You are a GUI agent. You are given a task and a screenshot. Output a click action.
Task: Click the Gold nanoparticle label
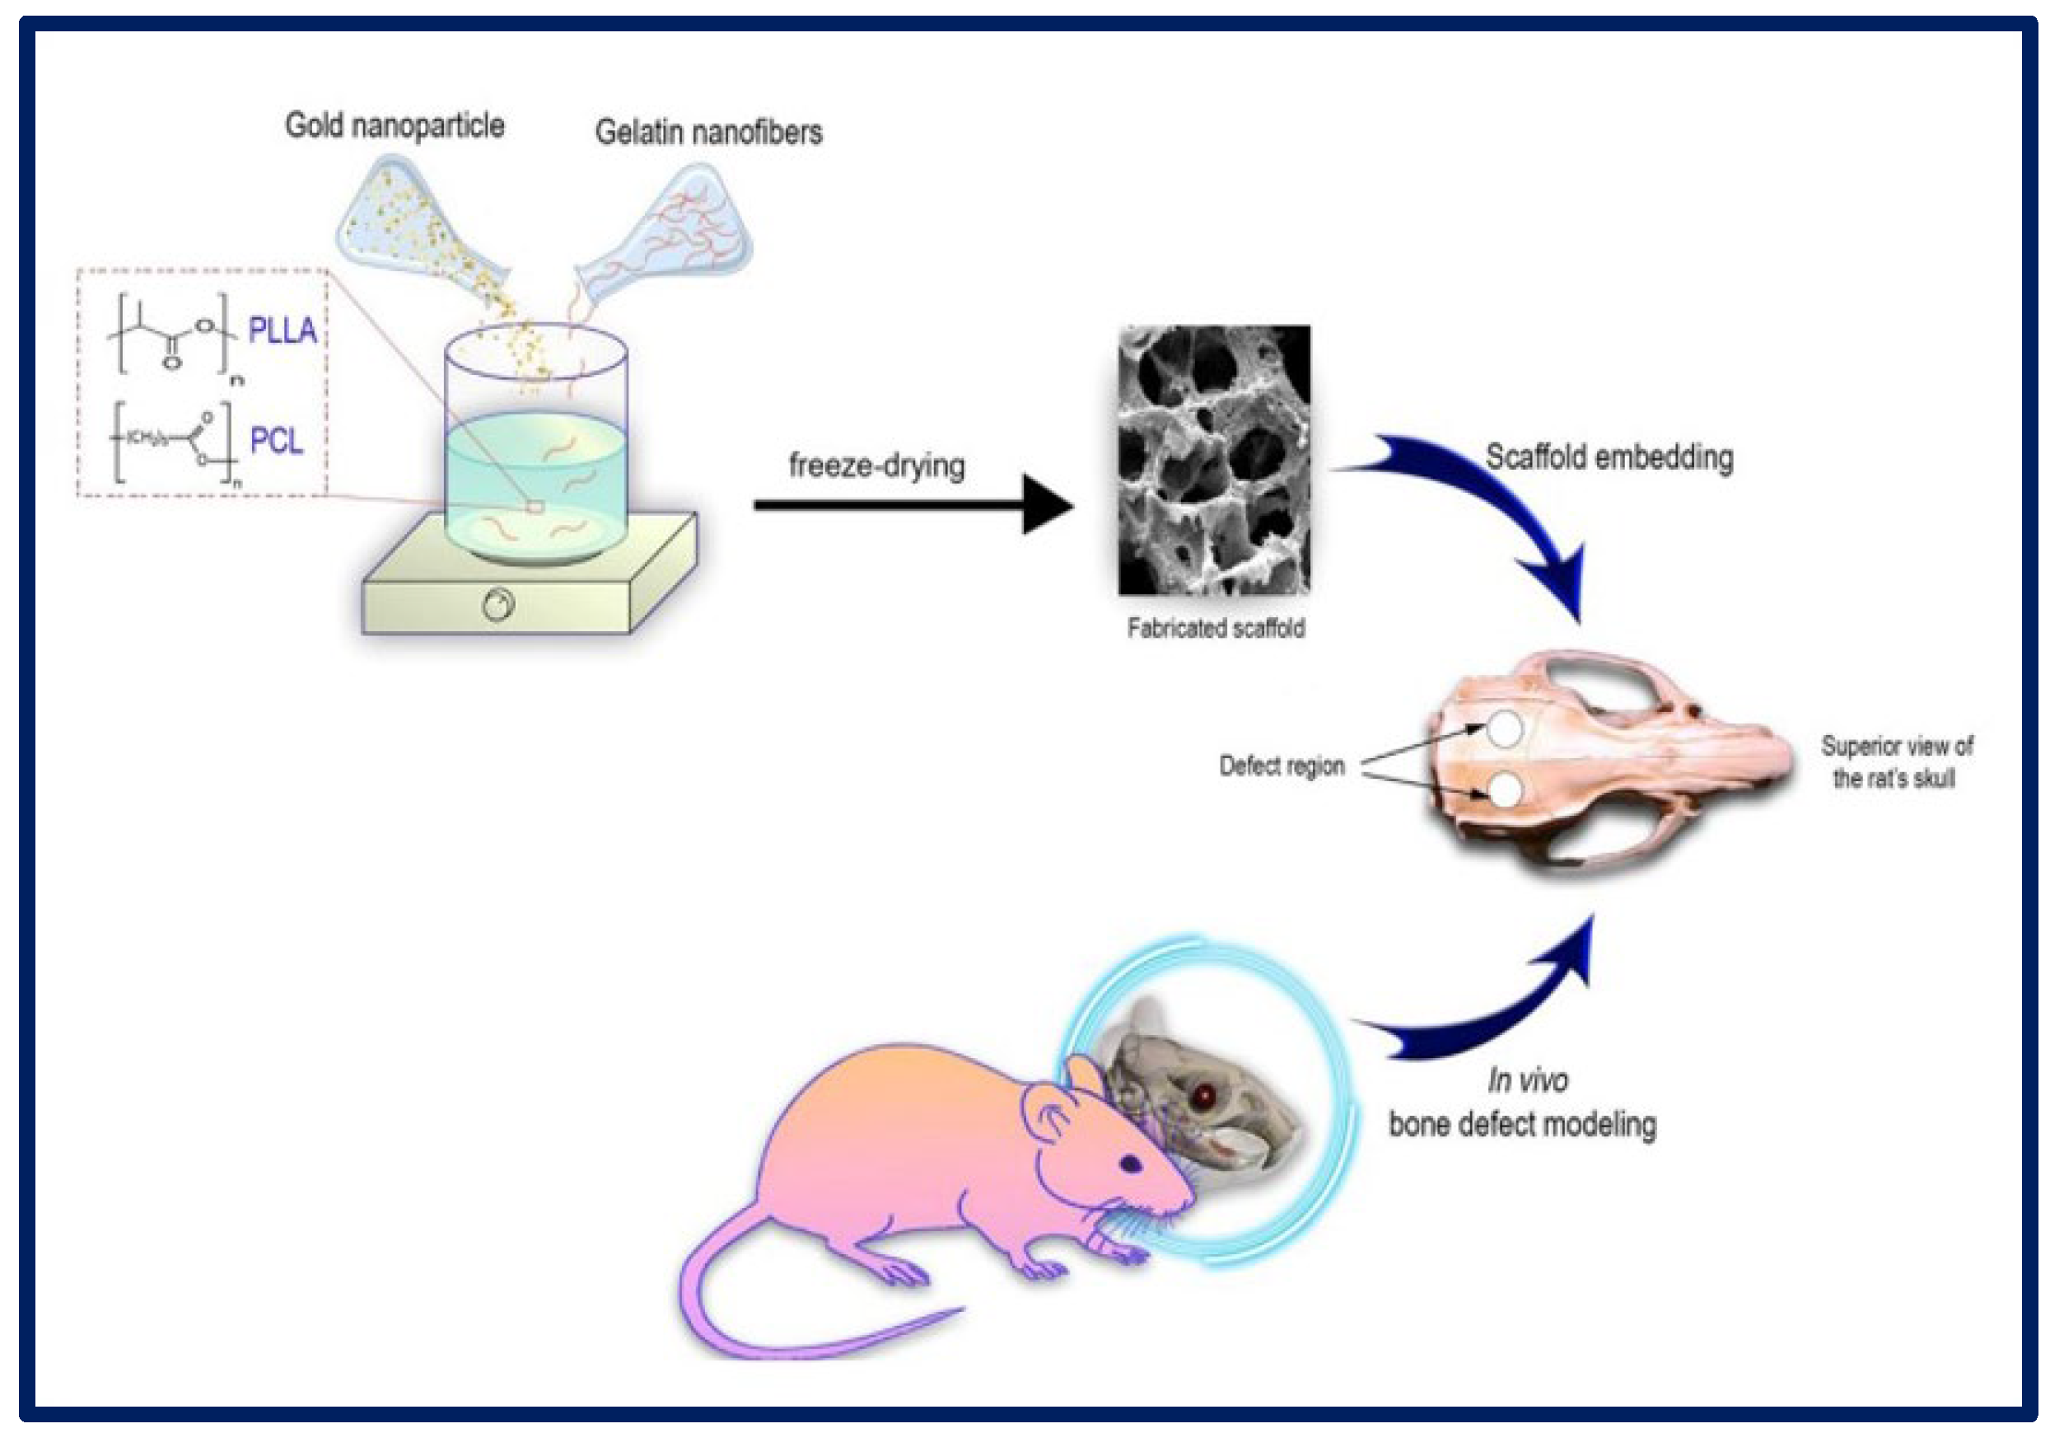pyautogui.click(x=395, y=125)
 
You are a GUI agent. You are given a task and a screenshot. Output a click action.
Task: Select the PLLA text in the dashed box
pyautogui.click(x=283, y=330)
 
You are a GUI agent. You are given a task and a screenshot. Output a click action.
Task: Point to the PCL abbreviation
pyautogui.click(x=276, y=441)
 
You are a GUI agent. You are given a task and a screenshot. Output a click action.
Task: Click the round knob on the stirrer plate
pyautogui.click(x=498, y=604)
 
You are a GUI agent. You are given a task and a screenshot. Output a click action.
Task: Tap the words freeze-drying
pyautogui.click(x=876, y=465)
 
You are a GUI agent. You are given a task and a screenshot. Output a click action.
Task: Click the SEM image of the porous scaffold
pyautogui.click(x=1213, y=460)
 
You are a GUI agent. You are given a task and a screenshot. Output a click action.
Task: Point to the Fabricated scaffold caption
pyautogui.click(x=1216, y=628)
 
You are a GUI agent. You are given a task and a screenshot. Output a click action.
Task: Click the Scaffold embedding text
pyautogui.click(x=1609, y=457)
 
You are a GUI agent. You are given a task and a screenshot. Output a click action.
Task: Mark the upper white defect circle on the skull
pyautogui.click(x=1504, y=728)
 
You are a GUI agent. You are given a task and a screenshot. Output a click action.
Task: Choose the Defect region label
pyautogui.click(x=1281, y=766)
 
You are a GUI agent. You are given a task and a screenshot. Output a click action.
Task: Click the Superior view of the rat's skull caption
pyautogui.click(x=1895, y=761)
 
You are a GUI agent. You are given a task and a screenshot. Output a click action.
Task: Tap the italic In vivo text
pyautogui.click(x=1527, y=1079)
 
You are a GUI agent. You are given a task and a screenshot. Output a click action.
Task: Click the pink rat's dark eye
pyautogui.click(x=1130, y=1164)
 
